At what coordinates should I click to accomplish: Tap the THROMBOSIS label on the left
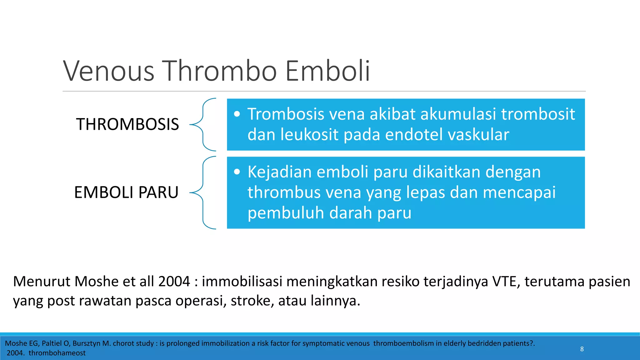pyautogui.click(x=127, y=124)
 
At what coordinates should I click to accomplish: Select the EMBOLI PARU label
pyautogui.click(x=126, y=192)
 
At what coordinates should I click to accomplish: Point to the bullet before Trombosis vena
pyautogui.click(x=237, y=114)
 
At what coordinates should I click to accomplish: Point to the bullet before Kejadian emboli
pyautogui.click(x=237, y=172)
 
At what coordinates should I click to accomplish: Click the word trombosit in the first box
pyautogui.click(x=538, y=114)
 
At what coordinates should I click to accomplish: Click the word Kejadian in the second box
pyautogui.click(x=279, y=172)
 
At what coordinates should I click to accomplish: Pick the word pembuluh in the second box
pyautogui.click(x=286, y=213)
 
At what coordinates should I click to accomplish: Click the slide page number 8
pyautogui.click(x=582, y=349)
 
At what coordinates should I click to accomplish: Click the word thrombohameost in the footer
pyautogui.click(x=57, y=353)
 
